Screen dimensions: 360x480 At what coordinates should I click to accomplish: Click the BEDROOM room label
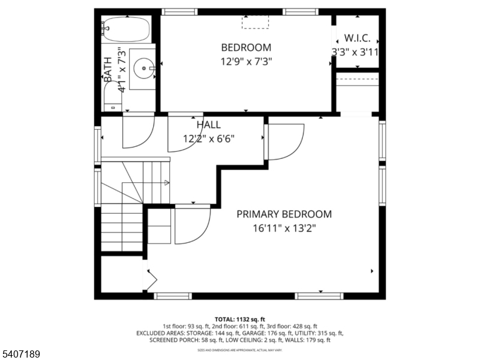(x=246, y=47)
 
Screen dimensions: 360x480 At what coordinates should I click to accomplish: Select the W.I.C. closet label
(x=357, y=38)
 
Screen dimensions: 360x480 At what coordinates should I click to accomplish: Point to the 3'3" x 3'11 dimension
(x=356, y=52)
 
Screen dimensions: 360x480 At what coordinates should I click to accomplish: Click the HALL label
(x=208, y=125)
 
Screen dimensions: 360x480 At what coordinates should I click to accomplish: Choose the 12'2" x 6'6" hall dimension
(x=208, y=138)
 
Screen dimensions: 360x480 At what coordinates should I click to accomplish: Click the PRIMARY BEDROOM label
(x=284, y=214)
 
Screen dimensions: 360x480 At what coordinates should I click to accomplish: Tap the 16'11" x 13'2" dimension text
(x=284, y=227)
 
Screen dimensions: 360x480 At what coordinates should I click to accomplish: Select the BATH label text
(x=108, y=69)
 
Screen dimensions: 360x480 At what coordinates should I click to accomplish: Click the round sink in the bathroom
(x=144, y=68)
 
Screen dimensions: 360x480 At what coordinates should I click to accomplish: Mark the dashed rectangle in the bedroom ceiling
(x=256, y=22)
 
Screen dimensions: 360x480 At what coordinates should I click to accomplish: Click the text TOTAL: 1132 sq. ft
(x=240, y=319)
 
